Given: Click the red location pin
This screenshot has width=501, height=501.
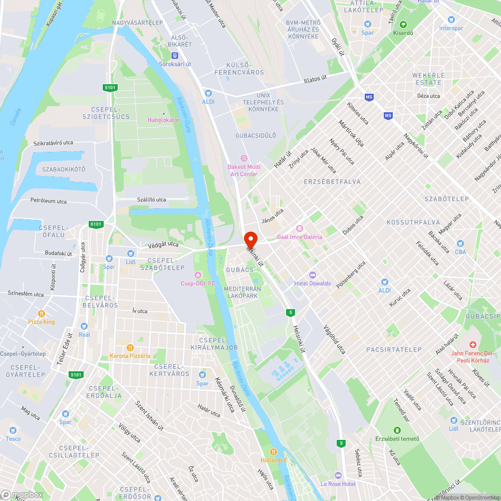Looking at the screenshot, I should point(250,238).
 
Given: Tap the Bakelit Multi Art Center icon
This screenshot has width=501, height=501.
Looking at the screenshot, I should point(244,158).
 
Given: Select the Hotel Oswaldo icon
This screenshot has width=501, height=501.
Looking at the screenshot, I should point(313,275).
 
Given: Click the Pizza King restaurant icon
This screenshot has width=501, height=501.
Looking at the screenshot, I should point(42,314).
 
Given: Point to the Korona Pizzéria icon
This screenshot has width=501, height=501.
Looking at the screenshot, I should point(130,348).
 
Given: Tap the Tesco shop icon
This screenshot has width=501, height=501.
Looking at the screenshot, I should point(13,430).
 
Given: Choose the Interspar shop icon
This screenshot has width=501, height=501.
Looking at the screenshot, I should point(451,20).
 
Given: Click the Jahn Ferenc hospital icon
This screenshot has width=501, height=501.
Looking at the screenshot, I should point(472,345).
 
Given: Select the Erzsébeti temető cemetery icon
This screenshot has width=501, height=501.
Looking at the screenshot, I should point(397,430).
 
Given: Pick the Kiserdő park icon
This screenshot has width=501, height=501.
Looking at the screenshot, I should point(403,24).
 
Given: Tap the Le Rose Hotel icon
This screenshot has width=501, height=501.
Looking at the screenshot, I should point(338,475).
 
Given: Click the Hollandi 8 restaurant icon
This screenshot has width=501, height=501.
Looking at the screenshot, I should point(274,451).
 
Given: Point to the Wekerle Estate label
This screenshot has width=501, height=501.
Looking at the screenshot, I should point(427,79).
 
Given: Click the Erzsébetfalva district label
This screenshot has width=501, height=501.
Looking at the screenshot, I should point(332,181).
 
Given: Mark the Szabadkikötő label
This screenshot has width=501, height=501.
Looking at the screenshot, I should point(64,169).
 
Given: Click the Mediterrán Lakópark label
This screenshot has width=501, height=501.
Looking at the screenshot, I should point(242,292).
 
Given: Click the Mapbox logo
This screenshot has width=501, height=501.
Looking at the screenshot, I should point(22,494).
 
